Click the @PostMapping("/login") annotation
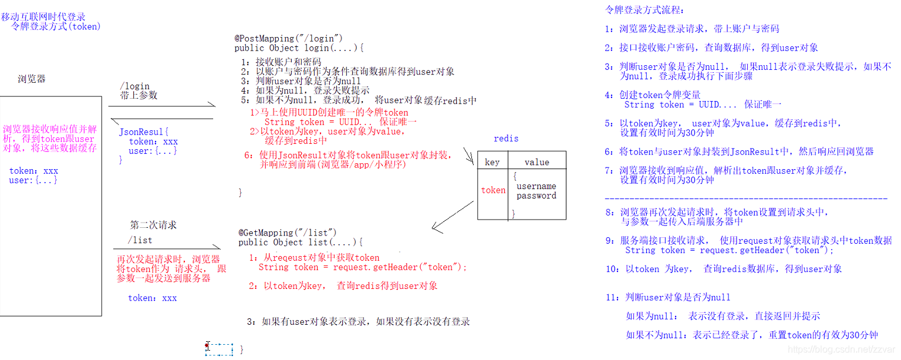click(x=288, y=39)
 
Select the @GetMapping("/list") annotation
click(x=288, y=233)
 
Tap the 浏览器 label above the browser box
click(x=32, y=79)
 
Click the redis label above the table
click(x=506, y=139)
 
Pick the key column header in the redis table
click(x=492, y=162)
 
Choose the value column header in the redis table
click(x=536, y=162)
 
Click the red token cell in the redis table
click(x=493, y=190)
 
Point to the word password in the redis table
click(x=536, y=196)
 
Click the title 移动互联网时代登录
click(x=43, y=17)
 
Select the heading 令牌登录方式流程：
click(x=644, y=10)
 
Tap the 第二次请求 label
click(x=153, y=225)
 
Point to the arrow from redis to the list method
click(x=453, y=216)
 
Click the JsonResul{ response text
click(x=144, y=132)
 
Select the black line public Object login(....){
click(x=299, y=48)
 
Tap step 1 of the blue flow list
click(x=692, y=29)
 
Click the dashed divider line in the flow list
click(x=745, y=199)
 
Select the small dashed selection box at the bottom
click(x=220, y=349)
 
